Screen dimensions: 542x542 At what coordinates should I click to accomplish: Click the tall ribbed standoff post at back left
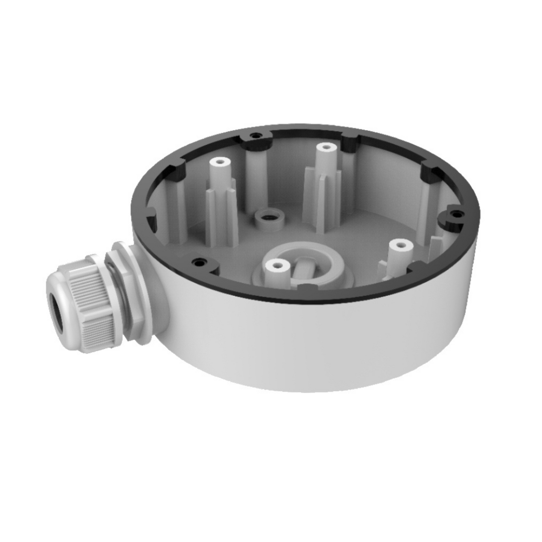pos(221,195)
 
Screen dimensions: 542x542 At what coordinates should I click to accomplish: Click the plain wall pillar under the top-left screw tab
pos(257,176)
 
